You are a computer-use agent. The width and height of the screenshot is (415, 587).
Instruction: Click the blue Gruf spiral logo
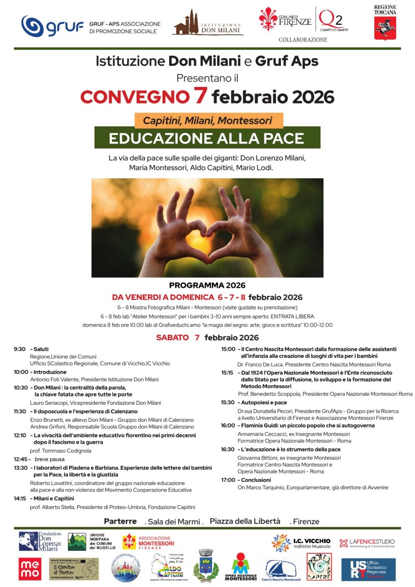(32, 26)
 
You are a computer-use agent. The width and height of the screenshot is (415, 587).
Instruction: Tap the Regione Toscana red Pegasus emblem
(385, 28)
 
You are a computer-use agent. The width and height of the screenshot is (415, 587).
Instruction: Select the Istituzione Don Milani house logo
(186, 24)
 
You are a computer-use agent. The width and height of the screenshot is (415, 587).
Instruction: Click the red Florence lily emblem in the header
(268, 19)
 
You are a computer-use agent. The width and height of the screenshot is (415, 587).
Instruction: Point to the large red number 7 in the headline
(200, 95)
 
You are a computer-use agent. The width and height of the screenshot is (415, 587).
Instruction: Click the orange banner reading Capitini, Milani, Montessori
(208, 120)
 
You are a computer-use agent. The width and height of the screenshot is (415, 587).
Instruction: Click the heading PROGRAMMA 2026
(207, 285)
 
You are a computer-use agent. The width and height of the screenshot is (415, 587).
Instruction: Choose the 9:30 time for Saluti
(20, 349)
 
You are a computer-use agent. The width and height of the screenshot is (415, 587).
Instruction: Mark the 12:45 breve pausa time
(21, 459)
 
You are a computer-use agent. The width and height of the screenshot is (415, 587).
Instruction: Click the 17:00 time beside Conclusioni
(228, 480)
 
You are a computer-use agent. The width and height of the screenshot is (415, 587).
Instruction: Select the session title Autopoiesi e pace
(264, 403)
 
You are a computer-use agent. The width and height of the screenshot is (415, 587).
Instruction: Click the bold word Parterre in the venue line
(120, 521)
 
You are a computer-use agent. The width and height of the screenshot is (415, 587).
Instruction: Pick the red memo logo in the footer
(30, 569)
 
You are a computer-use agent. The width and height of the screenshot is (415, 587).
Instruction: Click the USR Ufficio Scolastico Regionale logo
(368, 569)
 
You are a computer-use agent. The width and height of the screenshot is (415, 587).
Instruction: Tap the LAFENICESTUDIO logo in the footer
(367, 543)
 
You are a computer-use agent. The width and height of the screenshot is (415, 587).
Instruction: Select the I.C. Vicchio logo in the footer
(301, 543)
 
